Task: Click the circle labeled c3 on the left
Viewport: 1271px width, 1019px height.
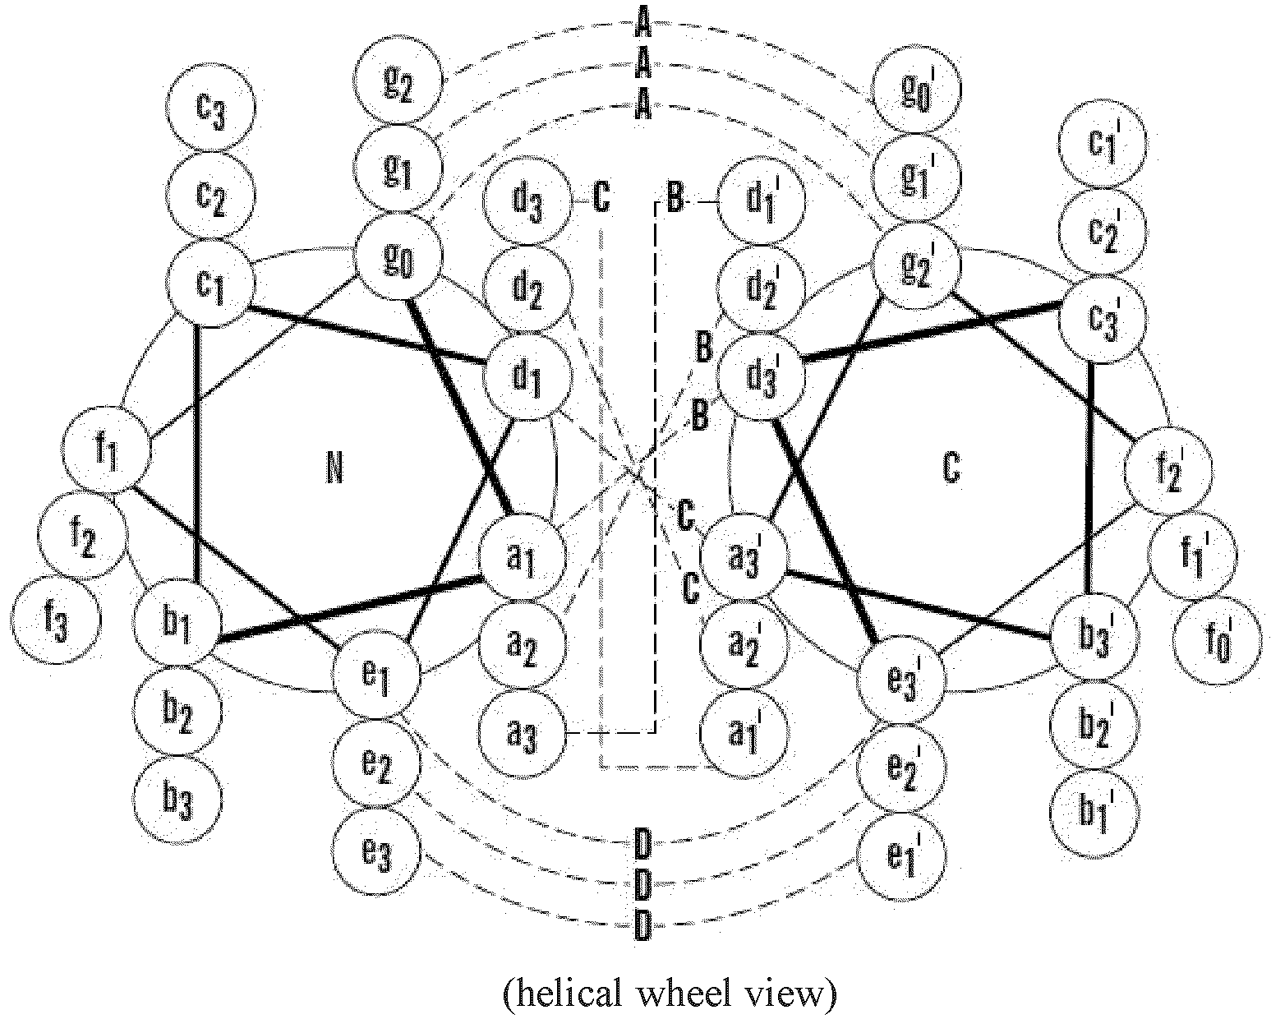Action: [210, 107]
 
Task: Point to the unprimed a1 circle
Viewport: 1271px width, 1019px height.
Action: [523, 556]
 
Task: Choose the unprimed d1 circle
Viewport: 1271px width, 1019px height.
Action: [527, 376]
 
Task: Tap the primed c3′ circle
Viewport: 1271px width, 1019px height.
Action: [1102, 319]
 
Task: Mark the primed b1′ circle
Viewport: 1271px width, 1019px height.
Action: [1095, 813]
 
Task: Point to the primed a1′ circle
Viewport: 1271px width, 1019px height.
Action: [744, 734]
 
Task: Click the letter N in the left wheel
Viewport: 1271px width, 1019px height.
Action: [334, 469]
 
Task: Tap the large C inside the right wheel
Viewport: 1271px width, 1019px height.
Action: [951, 468]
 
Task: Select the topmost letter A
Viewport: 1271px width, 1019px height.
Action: [643, 26]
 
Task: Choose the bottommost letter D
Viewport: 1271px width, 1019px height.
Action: [642, 925]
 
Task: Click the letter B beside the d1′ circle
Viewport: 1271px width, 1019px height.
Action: [675, 199]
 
